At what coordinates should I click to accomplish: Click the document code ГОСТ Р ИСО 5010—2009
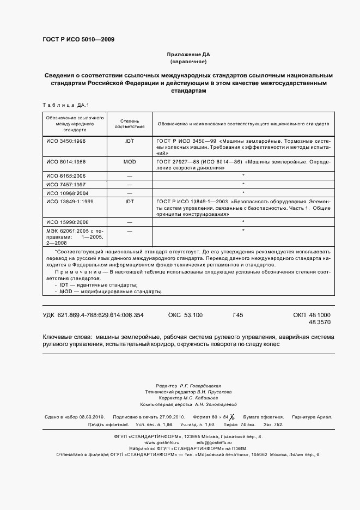tap(78, 39)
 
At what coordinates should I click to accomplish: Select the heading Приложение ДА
tap(188, 55)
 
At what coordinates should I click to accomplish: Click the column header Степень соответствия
tap(130, 123)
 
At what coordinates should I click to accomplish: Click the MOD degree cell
tap(130, 162)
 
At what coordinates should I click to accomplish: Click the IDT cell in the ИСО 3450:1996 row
tap(130, 140)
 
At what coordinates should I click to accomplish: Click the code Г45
tap(238, 315)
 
